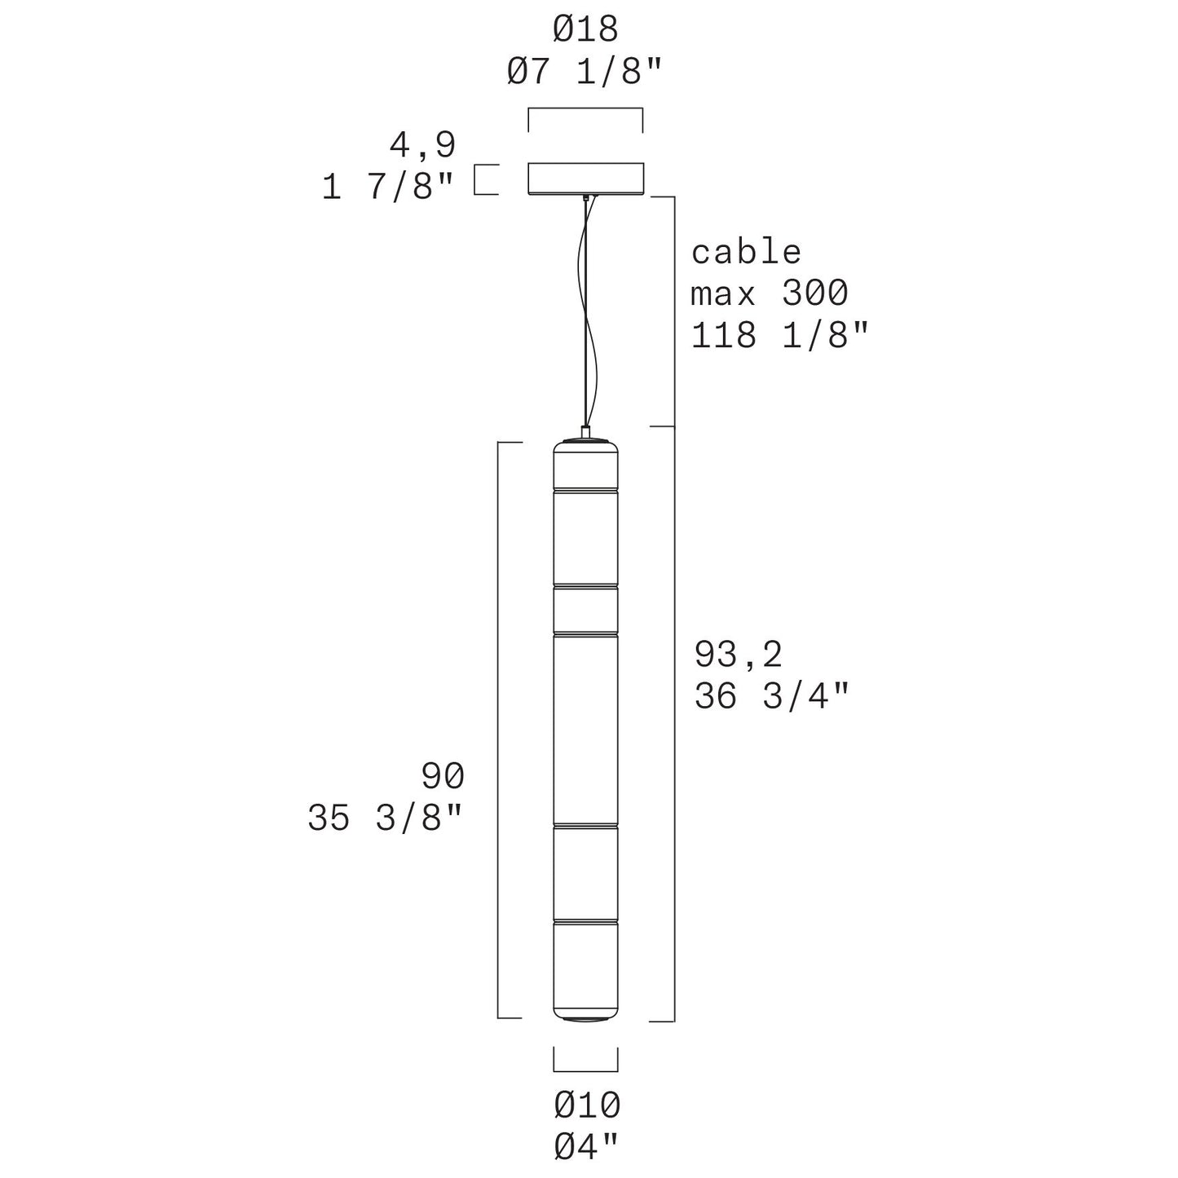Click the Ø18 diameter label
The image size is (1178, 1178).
(x=585, y=29)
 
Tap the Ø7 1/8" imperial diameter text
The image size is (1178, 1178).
(x=585, y=71)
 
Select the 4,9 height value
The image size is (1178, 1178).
(x=422, y=145)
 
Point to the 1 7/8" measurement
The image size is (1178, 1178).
(x=388, y=187)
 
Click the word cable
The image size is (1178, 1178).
(x=746, y=252)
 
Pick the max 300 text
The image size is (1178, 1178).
(x=769, y=293)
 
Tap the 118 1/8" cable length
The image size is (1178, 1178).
(x=779, y=335)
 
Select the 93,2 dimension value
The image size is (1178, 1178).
(x=739, y=655)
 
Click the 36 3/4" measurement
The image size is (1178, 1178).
(x=771, y=696)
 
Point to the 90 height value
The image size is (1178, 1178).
(x=443, y=776)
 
